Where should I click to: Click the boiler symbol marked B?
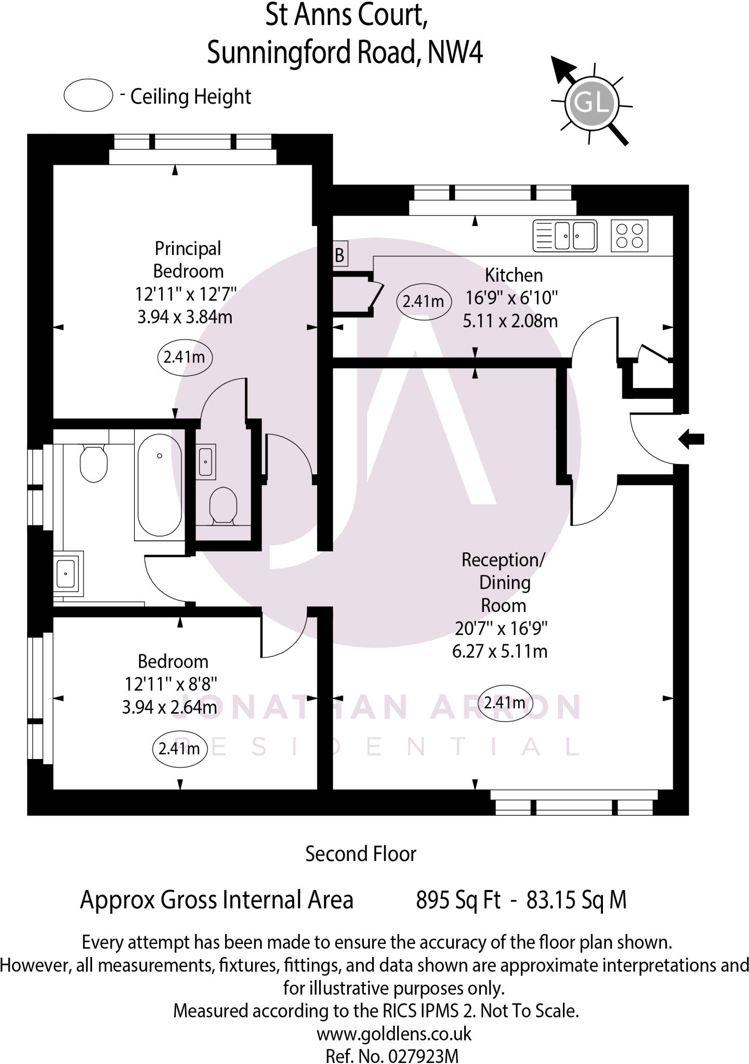(x=339, y=255)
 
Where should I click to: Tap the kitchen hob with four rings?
(x=629, y=236)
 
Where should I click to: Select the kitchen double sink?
(x=565, y=235)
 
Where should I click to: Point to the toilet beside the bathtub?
(x=94, y=462)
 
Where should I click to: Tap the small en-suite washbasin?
(x=206, y=461)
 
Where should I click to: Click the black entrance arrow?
(x=691, y=439)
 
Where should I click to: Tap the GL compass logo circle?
(x=593, y=102)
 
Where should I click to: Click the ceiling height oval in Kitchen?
(x=423, y=301)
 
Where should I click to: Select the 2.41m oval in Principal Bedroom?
(x=184, y=357)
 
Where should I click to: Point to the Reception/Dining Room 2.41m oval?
(x=505, y=703)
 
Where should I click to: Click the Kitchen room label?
(x=514, y=275)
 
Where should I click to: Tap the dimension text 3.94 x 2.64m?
(x=169, y=707)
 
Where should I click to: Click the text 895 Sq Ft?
(x=458, y=899)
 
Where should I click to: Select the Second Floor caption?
(x=361, y=854)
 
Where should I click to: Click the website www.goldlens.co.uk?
(x=394, y=1033)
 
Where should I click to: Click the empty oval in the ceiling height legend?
(x=88, y=95)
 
